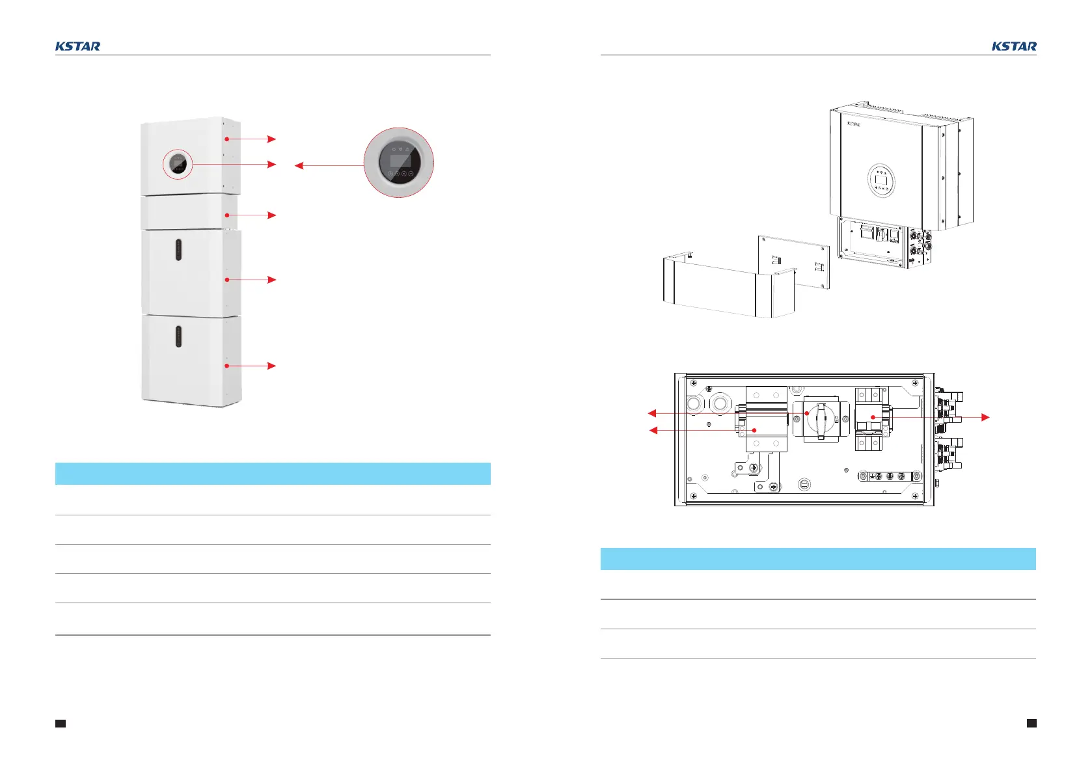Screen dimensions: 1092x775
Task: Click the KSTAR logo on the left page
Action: [x=77, y=46]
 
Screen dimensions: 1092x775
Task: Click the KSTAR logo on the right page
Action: [x=1014, y=46]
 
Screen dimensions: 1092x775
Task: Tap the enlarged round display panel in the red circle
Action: [x=399, y=163]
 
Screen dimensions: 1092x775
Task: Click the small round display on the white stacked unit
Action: [x=178, y=165]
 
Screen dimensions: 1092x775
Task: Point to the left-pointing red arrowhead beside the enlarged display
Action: [x=299, y=166]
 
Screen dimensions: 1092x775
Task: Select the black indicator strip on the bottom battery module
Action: [x=178, y=336]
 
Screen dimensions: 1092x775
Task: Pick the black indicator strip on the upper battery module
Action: [x=178, y=251]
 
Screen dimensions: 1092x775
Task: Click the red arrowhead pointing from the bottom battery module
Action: [x=272, y=366]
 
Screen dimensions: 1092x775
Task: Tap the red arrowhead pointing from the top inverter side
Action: [x=272, y=139]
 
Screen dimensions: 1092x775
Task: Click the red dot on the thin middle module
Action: [x=226, y=215]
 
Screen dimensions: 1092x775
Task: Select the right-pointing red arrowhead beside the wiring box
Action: [x=985, y=417]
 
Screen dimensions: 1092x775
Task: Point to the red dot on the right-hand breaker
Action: [x=873, y=417]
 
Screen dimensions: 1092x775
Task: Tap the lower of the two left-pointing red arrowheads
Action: [x=653, y=430]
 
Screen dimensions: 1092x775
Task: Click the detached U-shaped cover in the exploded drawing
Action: [x=722, y=290]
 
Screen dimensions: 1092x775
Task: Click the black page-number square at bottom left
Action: [x=61, y=723]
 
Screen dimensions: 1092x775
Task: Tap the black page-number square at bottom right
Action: [x=1031, y=723]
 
